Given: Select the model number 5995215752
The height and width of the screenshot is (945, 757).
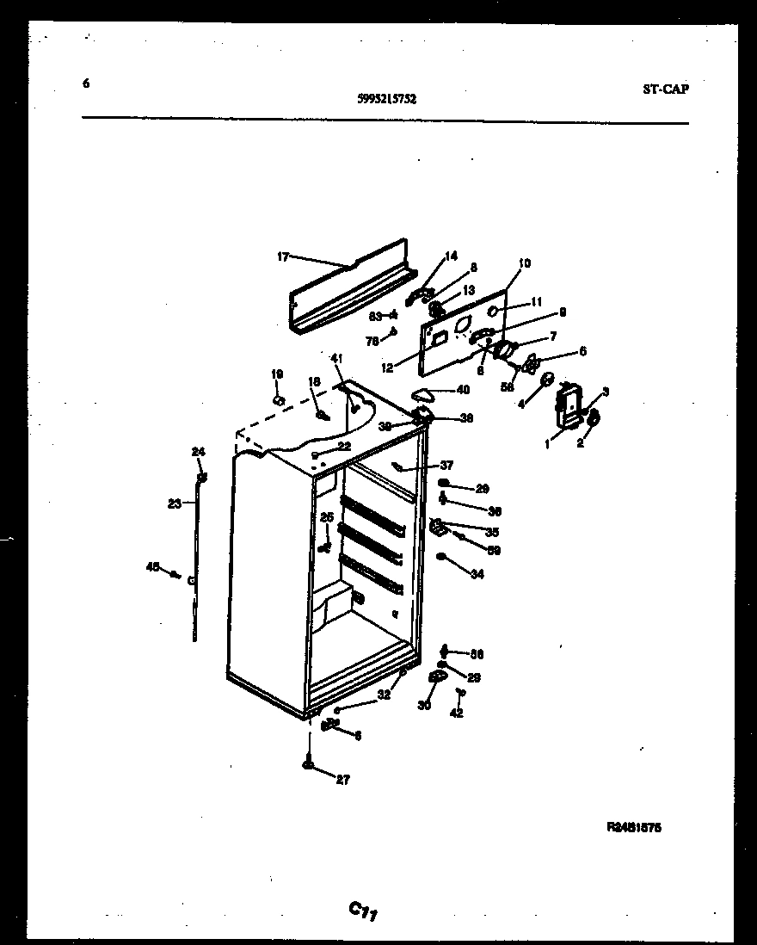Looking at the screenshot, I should pos(386,99).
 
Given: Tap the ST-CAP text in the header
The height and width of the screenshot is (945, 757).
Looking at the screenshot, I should pos(665,89).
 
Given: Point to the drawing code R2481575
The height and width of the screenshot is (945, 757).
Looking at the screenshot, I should pos(634,827).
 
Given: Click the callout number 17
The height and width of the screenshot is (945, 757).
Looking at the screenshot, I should pos(283,256).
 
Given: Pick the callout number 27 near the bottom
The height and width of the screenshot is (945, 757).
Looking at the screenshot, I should pos(343,781).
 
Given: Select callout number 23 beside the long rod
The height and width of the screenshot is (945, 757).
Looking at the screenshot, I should pos(175,504).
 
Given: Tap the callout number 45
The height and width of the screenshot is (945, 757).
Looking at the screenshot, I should pos(152,566).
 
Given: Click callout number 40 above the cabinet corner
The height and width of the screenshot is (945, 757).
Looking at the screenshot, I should pos(463,390).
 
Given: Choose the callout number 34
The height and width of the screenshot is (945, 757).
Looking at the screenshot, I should pos(477,574).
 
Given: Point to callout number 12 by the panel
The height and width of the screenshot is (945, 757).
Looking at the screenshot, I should pos(387,367).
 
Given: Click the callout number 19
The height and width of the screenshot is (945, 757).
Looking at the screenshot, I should pos(277,374).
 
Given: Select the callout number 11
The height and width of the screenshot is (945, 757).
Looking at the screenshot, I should pos(537,302).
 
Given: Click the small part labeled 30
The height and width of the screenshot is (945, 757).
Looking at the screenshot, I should pos(436,680).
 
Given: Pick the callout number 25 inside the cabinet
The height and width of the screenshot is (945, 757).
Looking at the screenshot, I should pos(326,517).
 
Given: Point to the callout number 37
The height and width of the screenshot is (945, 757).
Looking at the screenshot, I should pos(446,466).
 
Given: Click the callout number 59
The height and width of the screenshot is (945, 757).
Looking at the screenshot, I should pos(494,550).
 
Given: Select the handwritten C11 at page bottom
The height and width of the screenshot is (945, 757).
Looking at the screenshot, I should pos(364,910).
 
